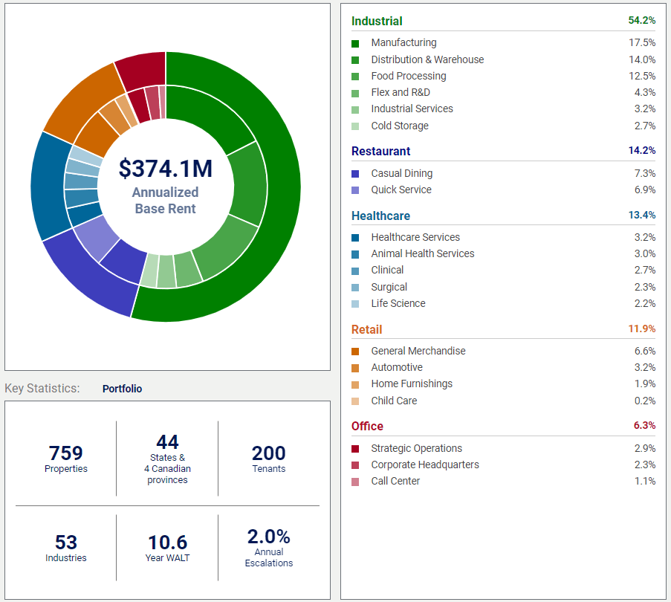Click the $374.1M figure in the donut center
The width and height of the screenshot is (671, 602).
[x=166, y=169]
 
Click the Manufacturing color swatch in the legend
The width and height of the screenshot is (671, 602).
[x=355, y=43]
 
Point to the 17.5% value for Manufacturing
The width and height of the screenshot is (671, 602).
[x=642, y=43]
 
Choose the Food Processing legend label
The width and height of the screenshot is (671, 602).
[x=409, y=76]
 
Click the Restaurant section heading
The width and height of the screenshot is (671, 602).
[x=380, y=151]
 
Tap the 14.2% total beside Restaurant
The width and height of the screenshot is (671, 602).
[x=642, y=150]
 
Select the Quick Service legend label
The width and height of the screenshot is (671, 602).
[x=401, y=190]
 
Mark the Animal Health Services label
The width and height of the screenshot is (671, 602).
[x=423, y=253]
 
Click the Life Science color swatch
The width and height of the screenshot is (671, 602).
[x=355, y=303]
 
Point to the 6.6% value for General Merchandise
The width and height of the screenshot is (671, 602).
[x=644, y=351]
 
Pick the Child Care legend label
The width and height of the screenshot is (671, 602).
[x=394, y=401]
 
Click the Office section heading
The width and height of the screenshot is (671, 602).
[x=367, y=426]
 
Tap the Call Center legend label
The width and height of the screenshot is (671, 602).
[x=395, y=481]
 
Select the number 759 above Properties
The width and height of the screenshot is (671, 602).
[x=65, y=453]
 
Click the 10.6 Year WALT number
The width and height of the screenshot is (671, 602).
[x=167, y=543]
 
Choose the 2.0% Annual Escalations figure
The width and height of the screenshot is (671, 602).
[x=268, y=537]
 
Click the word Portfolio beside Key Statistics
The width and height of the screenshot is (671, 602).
[x=122, y=389]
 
